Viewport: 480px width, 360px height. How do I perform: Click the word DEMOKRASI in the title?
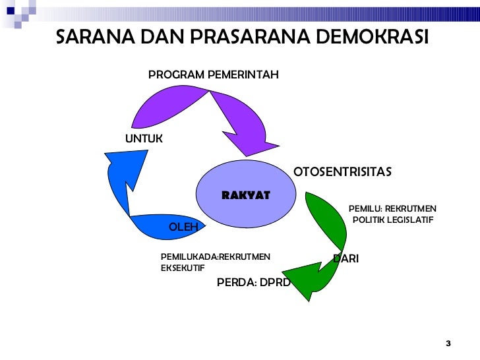coord(373,38)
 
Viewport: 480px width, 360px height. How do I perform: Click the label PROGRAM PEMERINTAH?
coord(213,75)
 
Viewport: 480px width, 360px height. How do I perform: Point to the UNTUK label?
coord(144,139)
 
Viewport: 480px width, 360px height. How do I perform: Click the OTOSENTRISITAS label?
coord(342,172)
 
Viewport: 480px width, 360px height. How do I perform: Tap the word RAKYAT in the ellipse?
coord(246,195)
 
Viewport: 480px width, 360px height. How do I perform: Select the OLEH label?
coord(183,227)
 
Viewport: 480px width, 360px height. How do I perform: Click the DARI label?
coord(346,258)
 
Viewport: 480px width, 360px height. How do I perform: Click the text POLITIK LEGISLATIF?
coord(392,220)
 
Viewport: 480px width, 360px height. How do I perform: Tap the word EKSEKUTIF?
coord(183,268)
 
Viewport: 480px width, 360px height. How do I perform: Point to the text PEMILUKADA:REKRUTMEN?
coord(215,256)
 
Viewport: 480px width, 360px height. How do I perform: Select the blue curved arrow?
coord(132,191)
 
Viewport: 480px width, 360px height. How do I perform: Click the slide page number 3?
coord(448,344)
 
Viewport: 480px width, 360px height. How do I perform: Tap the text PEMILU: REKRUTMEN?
coord(392,209)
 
